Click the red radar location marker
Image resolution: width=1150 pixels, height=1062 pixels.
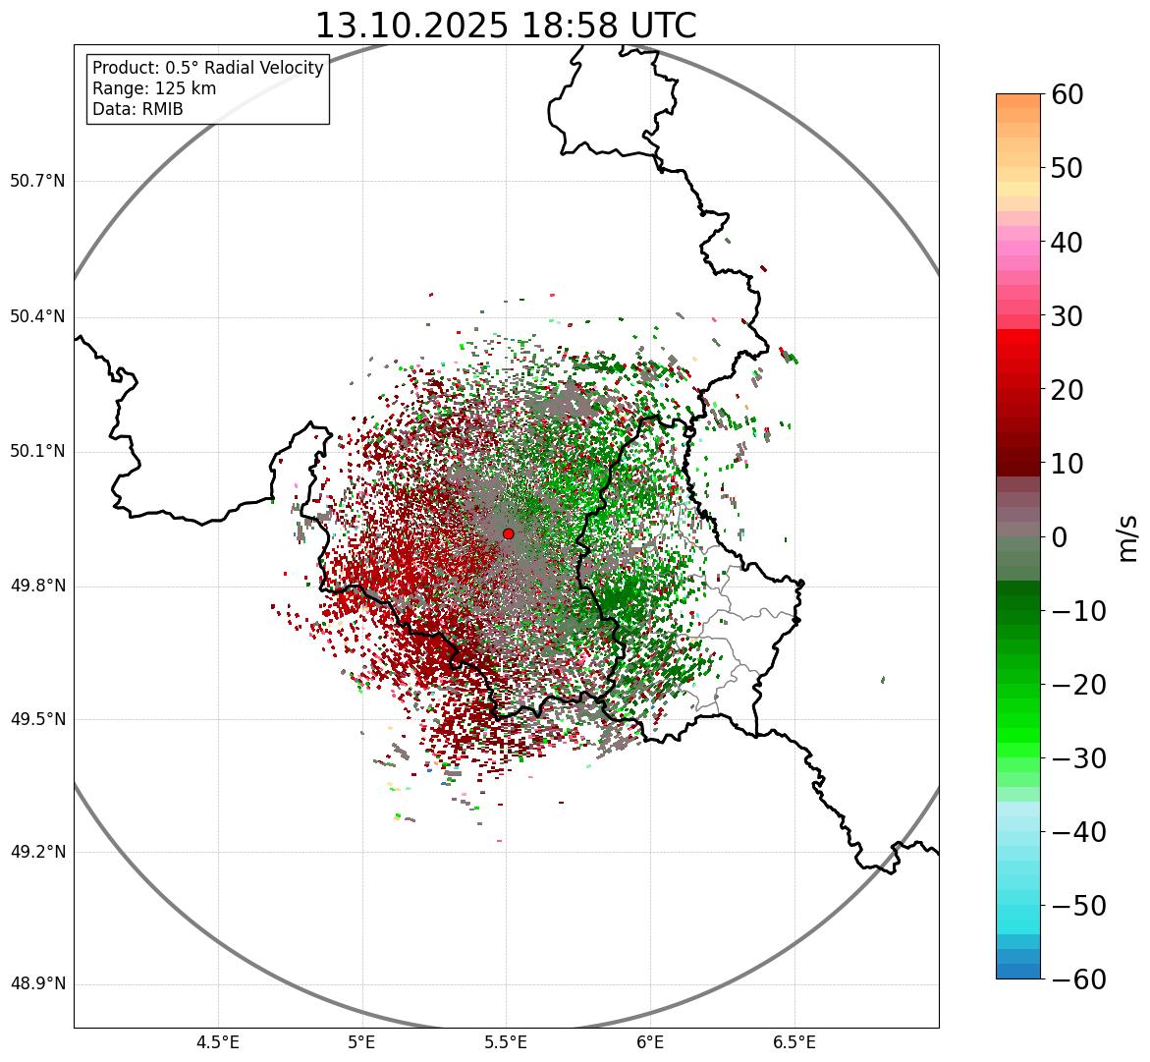(508, 533)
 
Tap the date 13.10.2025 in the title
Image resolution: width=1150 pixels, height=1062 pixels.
(411, 26)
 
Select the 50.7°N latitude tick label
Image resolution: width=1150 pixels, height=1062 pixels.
(37, 182)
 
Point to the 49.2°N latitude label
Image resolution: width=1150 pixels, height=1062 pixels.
(37, 852)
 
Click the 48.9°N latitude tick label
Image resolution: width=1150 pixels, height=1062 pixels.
(37, 984)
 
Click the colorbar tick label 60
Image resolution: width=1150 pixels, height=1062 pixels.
(1067, 94)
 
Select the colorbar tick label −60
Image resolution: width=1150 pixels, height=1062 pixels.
(1078, 979)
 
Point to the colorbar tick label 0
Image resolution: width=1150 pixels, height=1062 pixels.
(1060, 537)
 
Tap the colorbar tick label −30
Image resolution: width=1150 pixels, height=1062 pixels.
(1078, 758)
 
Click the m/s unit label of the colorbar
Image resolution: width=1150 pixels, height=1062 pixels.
(1127, 537)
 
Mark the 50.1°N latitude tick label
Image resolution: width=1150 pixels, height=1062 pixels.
(37, 452)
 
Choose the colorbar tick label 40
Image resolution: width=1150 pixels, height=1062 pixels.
(1067, 242)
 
